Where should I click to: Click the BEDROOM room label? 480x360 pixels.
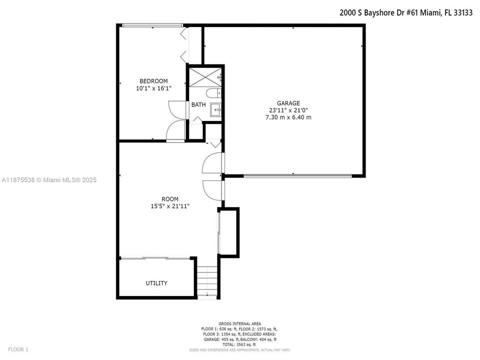153,81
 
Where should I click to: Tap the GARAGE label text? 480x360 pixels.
288,103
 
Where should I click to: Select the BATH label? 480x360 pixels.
198,104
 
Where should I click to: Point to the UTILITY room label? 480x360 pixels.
156,283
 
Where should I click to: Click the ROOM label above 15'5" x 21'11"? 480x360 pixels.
170,199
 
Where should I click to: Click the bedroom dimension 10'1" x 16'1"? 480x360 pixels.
153,88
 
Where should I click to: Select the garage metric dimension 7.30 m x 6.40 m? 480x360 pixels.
288,117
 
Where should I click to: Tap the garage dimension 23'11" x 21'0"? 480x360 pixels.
288,110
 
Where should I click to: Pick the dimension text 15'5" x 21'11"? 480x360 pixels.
170,206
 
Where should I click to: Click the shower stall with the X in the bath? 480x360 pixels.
205,77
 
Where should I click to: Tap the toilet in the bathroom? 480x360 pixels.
213,92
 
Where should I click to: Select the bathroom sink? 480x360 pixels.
215,109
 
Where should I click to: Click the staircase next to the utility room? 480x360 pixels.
207,281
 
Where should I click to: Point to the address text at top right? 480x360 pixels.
406,12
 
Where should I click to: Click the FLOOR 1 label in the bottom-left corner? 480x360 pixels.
18,349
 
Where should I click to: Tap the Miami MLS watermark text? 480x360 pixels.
49,180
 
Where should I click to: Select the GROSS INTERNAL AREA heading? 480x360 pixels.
239,323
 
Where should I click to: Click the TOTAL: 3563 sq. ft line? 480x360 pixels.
239,344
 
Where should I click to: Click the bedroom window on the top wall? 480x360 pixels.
152,25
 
